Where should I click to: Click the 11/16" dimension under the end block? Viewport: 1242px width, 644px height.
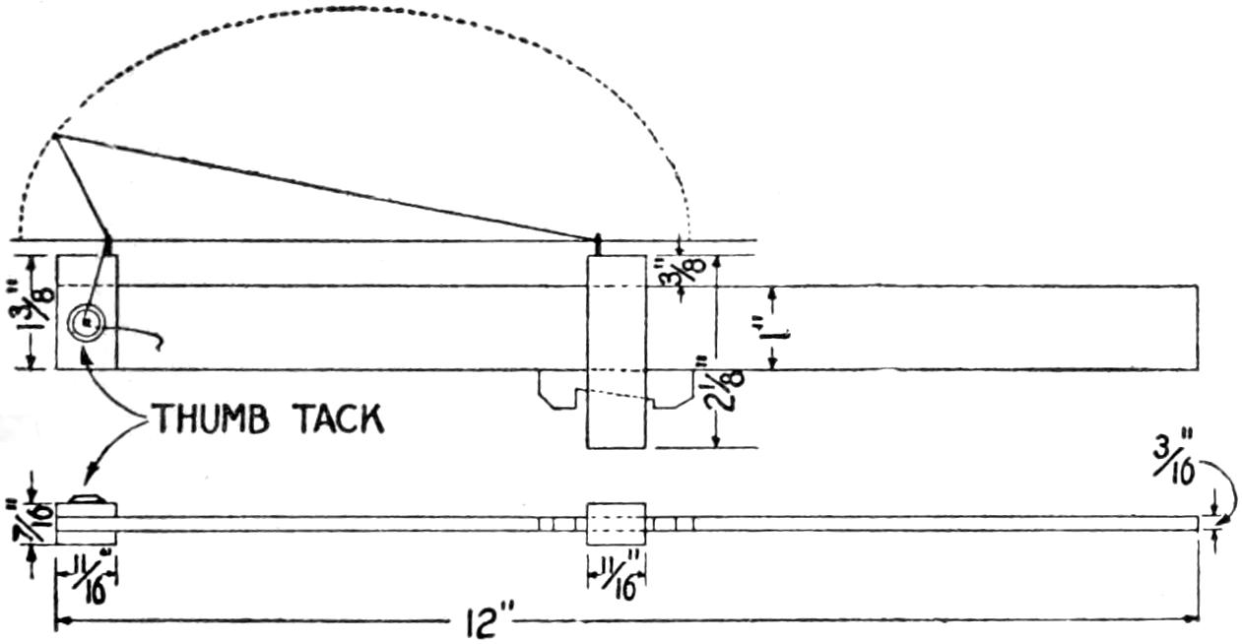click(x=87, y=570)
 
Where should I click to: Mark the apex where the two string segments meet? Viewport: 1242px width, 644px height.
click(x=55, y=135)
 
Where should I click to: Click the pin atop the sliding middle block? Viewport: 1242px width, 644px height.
click(x=598, y=241)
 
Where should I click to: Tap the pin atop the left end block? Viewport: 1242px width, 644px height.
click(x=107, y=240)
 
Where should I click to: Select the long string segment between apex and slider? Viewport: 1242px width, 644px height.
click(x=325, y=186)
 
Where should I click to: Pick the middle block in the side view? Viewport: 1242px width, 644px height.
click(x=617, y=524)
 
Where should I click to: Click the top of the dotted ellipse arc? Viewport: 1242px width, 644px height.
click(x=325, y=10)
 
